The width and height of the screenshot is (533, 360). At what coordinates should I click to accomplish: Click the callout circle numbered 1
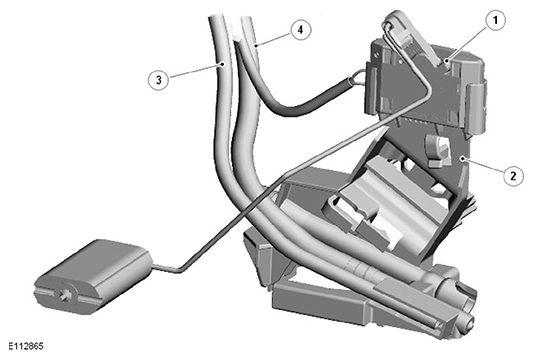click(x=495, y=21)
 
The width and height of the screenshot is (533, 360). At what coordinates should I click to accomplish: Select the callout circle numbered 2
click(x=513, y=176)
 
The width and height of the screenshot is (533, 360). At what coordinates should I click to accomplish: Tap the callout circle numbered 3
click(x=158, y=80)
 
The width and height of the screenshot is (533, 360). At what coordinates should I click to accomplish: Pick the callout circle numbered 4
click(x=300, y=30)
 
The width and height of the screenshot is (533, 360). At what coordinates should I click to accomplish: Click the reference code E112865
click(x=26, y=346)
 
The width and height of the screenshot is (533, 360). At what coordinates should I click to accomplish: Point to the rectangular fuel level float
click(x=92, y=276)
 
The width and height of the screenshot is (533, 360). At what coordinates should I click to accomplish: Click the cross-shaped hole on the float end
click(x=65, y=295)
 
